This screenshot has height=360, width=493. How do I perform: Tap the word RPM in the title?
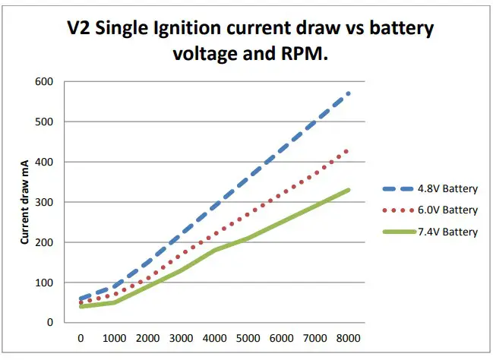313,55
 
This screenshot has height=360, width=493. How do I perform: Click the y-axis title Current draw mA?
25,201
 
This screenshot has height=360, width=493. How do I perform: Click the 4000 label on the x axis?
215,338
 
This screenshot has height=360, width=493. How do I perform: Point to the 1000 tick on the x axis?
114,338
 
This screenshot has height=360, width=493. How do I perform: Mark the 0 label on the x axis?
81,338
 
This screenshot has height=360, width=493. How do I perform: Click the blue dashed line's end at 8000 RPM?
349,93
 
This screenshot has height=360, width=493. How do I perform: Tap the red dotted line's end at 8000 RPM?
349,150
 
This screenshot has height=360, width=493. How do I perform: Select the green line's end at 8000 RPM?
349,190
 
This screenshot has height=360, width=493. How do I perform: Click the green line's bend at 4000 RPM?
215,250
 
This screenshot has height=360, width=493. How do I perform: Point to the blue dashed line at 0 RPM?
81,298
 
